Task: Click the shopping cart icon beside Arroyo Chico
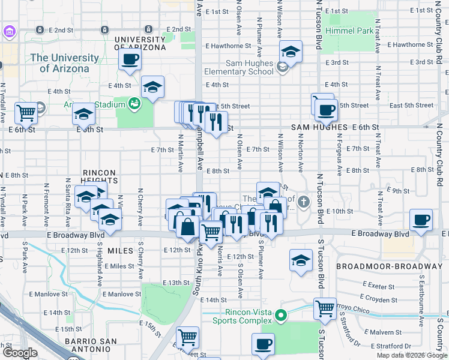click(325, 309)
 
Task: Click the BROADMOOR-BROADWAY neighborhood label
click(388, 266)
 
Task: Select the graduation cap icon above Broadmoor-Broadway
click(301, 260)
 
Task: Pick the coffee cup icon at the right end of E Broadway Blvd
click(421, 220)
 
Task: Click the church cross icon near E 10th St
click(304, 202)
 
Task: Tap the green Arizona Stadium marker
click(135, 104)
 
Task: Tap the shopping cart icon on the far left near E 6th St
click(26, 112)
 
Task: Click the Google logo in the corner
click(19, 353)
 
